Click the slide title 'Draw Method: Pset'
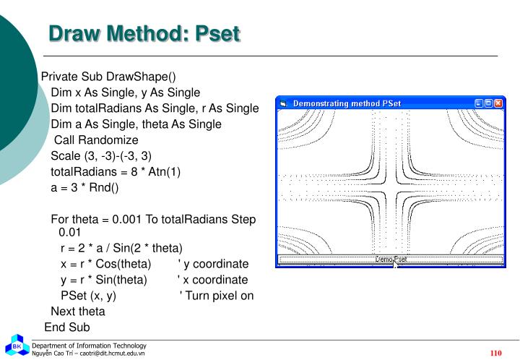pos(144,34)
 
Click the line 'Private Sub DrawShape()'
pos(108,77)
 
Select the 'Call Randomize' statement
pos(96,140)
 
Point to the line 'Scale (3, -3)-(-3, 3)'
pos(101,155)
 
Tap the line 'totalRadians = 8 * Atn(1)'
pos(116,171)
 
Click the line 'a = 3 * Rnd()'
pos(84,187)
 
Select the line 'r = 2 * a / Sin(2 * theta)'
pos(121,248)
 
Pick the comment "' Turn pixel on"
pos(217,296)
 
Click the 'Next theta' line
pos(78,312)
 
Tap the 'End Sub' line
pos(67,327)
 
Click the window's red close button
pos(499,103)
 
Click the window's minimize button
pos(479,103)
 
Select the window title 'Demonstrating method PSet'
pos(347,103)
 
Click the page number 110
pos(495,353)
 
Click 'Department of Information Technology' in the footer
pos(89,346)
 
